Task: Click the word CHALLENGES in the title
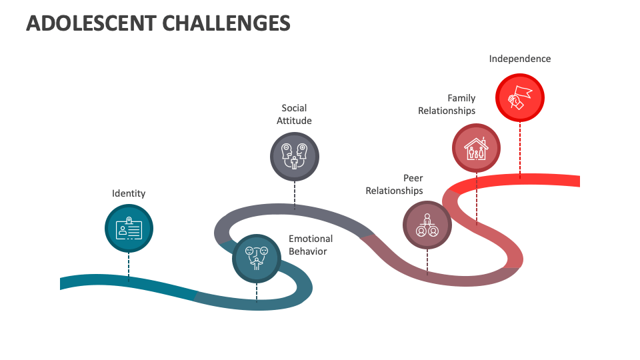(227, 23)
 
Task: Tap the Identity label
(129, 193)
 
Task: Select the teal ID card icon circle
(129, 229)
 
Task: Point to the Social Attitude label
(294, 114)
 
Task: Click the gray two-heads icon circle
(294, 157)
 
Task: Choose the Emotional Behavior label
(311, 245)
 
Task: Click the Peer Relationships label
(395, 184)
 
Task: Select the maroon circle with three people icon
(427, 225)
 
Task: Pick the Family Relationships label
(447, 104)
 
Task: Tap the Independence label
(520, 59)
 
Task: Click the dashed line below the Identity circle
(129, 268)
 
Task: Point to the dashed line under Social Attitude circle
(295, 195)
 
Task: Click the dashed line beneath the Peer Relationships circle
(427, 261)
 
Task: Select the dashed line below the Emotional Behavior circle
(257, 291)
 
